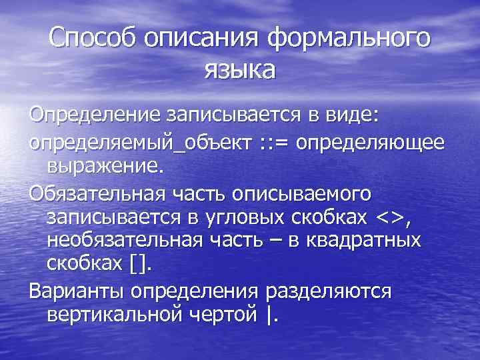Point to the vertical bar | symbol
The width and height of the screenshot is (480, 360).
coord(269,313)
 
